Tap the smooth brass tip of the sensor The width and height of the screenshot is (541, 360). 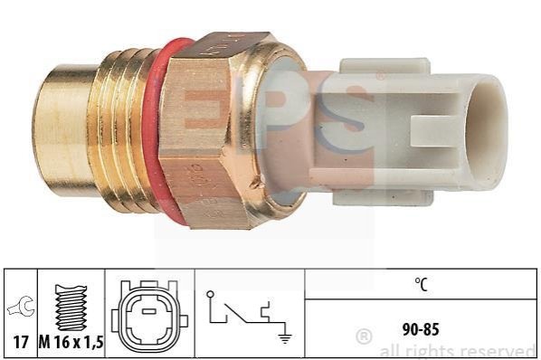tap(62, 130)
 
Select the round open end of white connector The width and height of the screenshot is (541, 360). tap(488, 131)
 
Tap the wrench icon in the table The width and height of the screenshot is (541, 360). tap(21, 306)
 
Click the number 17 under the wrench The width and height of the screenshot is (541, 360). tap(21, 342)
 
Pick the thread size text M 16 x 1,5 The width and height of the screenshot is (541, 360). tap(71, 342)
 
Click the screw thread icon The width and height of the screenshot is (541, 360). tap(71, 308)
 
